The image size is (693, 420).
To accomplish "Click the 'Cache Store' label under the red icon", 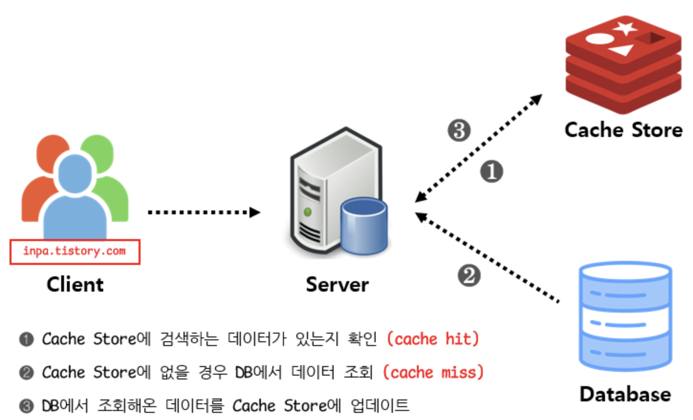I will coord(623,130).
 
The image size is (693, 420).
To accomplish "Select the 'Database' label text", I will coord(625,394).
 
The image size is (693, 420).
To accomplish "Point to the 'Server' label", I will coord(337,284).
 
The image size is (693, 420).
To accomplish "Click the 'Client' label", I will coord(75,284).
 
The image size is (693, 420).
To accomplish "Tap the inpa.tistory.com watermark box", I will coord(75,252).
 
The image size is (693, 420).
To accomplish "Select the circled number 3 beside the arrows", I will coord(459,130).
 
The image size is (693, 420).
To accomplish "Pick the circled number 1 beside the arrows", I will coord(491,171).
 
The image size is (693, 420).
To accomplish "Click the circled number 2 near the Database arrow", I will coord(469,275).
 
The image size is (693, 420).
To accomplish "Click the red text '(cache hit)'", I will coord(433,339).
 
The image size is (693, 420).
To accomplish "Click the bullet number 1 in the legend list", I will coord(26,339).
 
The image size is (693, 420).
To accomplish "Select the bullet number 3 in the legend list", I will coord(26,406).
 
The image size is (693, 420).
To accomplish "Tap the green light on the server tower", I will coord(308,211).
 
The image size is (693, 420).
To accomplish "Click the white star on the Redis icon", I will coord(625,28).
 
